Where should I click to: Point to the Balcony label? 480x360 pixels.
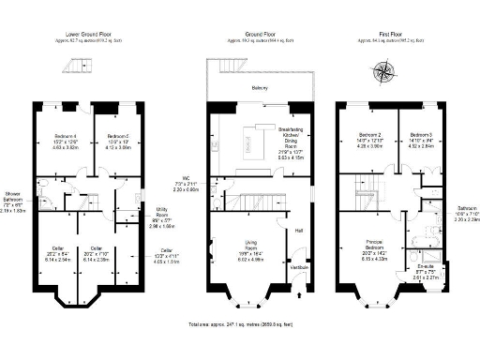coord(259,87)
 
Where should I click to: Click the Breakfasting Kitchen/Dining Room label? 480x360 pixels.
coord(291,137)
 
